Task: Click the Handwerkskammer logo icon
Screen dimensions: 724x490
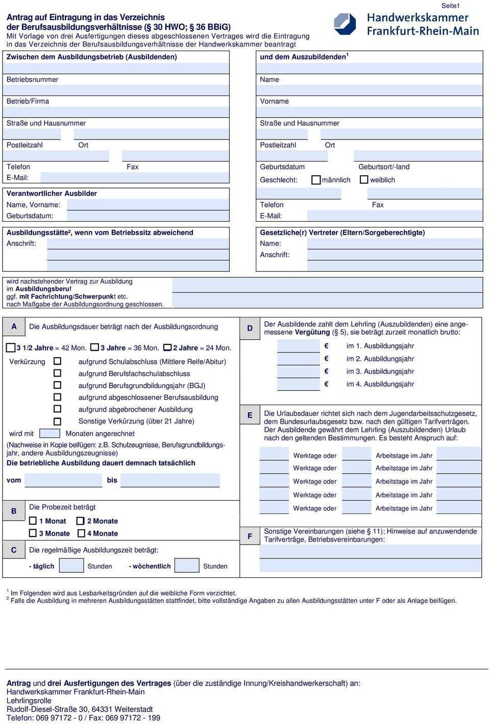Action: [345, 24]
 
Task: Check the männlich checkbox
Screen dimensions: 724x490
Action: [316, 180]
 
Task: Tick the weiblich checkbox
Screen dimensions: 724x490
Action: [364, 180]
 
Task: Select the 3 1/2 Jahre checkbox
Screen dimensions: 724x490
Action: [11, 348]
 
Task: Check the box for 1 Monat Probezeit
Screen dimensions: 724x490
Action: [33, 521]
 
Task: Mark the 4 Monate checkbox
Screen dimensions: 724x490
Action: [82, 533]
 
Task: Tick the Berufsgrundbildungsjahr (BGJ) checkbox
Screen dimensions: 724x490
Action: [58, 385]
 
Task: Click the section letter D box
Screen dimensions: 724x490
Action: [250, 328]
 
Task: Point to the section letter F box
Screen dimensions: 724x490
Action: [250, 536]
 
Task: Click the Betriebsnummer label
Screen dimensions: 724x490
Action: [32, 80]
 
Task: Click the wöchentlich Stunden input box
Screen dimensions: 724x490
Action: [187, 566]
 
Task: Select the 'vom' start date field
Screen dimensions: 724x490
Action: [63, 480]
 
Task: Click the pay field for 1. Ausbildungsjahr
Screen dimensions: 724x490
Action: [298, 346]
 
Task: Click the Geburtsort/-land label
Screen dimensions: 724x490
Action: [384, 167]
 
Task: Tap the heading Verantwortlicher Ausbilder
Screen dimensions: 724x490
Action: [52, 194]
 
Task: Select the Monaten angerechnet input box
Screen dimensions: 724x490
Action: [50, 433]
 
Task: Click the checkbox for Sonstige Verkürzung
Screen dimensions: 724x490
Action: [58, 422]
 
